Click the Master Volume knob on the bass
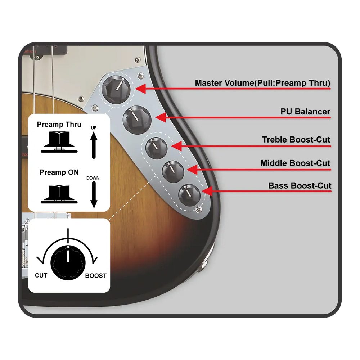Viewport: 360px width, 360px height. (x=116, y=89)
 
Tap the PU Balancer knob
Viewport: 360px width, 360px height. (x=137, y=120)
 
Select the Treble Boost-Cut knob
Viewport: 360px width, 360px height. (x=157, y=148)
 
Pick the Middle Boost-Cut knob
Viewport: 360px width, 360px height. (x=173, y=171)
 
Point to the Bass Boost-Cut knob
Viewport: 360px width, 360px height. (x=190, y=195)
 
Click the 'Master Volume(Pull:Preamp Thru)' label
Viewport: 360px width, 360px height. (x=263, y=83)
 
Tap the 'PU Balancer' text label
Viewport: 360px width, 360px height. (x=305, y=112)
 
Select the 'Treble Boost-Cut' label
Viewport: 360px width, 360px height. (x=296, y=140)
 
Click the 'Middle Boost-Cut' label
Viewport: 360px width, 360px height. (x=295, y=163)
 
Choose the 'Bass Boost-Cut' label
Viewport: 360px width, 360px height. (x=300, y=185)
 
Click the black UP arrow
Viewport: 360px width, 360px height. (x=94, y=145)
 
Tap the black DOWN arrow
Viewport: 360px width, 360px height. (x=94, y=195)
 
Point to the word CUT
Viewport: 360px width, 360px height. (x=41, y=275)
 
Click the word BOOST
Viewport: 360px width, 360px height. (x=96, y=275)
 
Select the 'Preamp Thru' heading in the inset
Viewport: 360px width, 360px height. (x=59, y=125)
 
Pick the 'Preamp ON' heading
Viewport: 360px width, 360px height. (x=59, y=172)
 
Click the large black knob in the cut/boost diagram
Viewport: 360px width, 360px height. (x=68, y=263)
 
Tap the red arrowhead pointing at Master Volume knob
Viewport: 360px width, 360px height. (x=140, y=89)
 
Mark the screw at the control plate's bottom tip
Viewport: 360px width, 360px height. (x=199, y=209)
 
